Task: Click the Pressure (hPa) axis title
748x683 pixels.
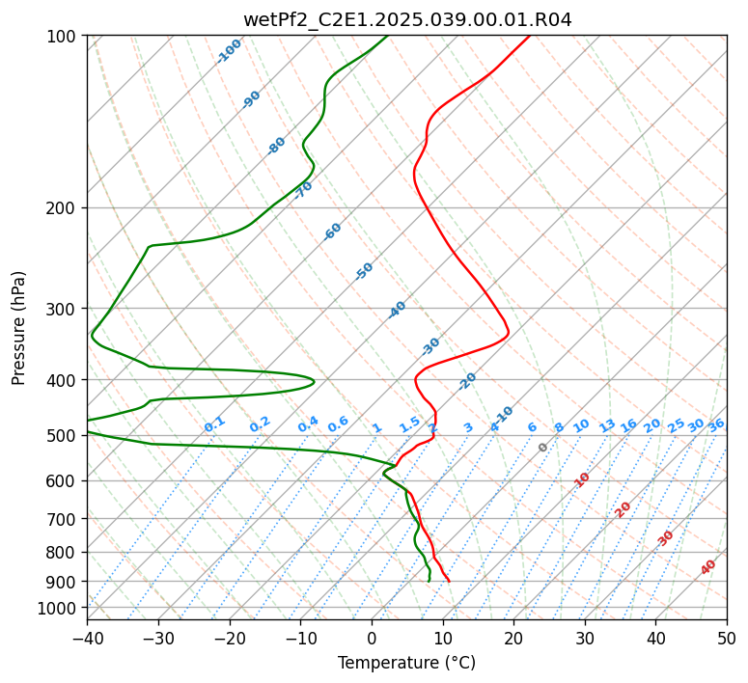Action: [x=19, y=328]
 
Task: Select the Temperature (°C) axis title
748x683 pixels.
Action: [x=406, y=663]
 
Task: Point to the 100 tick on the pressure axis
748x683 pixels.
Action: [x=64, y=37]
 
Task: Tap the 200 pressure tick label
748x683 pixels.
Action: [x=64, y=208]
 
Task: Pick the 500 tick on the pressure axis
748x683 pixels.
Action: [x=64, y=436]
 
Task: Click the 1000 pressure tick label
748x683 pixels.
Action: [x=60, y=608]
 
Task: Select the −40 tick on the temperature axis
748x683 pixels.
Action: [x=87, y=639]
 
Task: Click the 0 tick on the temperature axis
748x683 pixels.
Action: [x=372, y=639]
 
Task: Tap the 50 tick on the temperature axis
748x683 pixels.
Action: [x=727, y=639]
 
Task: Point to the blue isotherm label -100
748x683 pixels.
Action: [x=230, y=50]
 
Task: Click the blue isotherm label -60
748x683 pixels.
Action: [x=333, y=232]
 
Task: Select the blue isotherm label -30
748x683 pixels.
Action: [x=430, y=345]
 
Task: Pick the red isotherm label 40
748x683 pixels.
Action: [x=708, y=567]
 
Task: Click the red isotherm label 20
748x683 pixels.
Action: [x=623, y=508]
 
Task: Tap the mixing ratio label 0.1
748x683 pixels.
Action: [x=214, y=423]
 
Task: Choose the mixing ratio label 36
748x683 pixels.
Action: [x=716, y=424]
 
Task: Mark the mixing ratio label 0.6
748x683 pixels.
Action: [x=338, y=424]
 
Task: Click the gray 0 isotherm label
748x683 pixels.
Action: [x=543, y=448]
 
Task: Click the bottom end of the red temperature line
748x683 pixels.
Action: [x=449, y=581]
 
